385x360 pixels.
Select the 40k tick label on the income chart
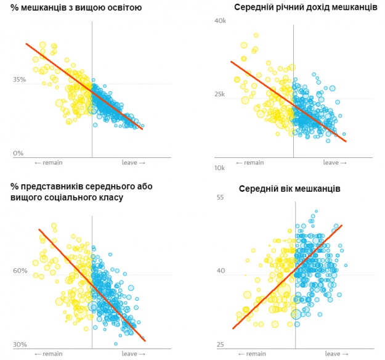pos(221,21)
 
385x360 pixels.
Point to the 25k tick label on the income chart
pos(221,94)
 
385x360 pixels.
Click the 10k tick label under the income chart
pos(221,168)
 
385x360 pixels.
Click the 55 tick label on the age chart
pos(219,197)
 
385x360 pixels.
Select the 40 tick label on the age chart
pos(219,271)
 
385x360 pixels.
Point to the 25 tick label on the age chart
pos(219,345)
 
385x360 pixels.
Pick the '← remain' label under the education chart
pos(49,162)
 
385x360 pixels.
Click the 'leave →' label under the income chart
pos(335,162)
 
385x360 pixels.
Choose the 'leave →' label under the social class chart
pos(133,354)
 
